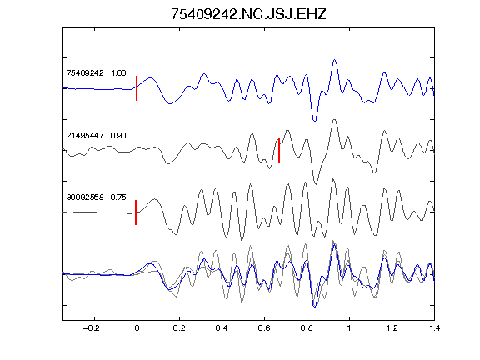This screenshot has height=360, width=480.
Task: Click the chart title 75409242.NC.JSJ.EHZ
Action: tap(248, 14)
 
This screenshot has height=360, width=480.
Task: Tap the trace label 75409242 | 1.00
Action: tap(96, 73)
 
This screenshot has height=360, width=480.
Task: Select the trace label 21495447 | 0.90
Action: tap(96, 136)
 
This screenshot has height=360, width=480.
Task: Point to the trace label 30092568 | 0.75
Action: tap(96, 197)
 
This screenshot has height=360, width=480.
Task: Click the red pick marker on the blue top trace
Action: tap(137, 88)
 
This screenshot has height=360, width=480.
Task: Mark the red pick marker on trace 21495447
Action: tap(279, 151)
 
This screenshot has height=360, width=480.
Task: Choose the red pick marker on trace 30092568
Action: tap(136, 212)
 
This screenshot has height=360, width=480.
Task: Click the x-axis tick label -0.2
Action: tap(92, 328)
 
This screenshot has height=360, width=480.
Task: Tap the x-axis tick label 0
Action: tap(137, 328)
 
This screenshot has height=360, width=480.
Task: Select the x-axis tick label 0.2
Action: tap(179, 328)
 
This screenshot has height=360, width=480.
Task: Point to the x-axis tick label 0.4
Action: tap(222, 328)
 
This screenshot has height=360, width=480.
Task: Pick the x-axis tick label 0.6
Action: tap(264, 328)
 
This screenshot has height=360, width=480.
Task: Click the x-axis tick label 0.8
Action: tap(307, 328)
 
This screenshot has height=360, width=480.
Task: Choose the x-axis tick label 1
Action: tap(349, 328)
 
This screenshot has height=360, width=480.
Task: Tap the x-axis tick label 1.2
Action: tap(392, 328)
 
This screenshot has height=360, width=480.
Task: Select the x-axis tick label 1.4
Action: tap(434, 328)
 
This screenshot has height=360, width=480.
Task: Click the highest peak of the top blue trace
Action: tap(335, 60)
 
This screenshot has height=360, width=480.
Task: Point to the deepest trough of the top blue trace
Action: tap(315, 121)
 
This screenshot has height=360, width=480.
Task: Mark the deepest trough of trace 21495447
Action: tap(316, 183)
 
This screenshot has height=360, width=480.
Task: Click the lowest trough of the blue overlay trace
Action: tap(315, 307)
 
